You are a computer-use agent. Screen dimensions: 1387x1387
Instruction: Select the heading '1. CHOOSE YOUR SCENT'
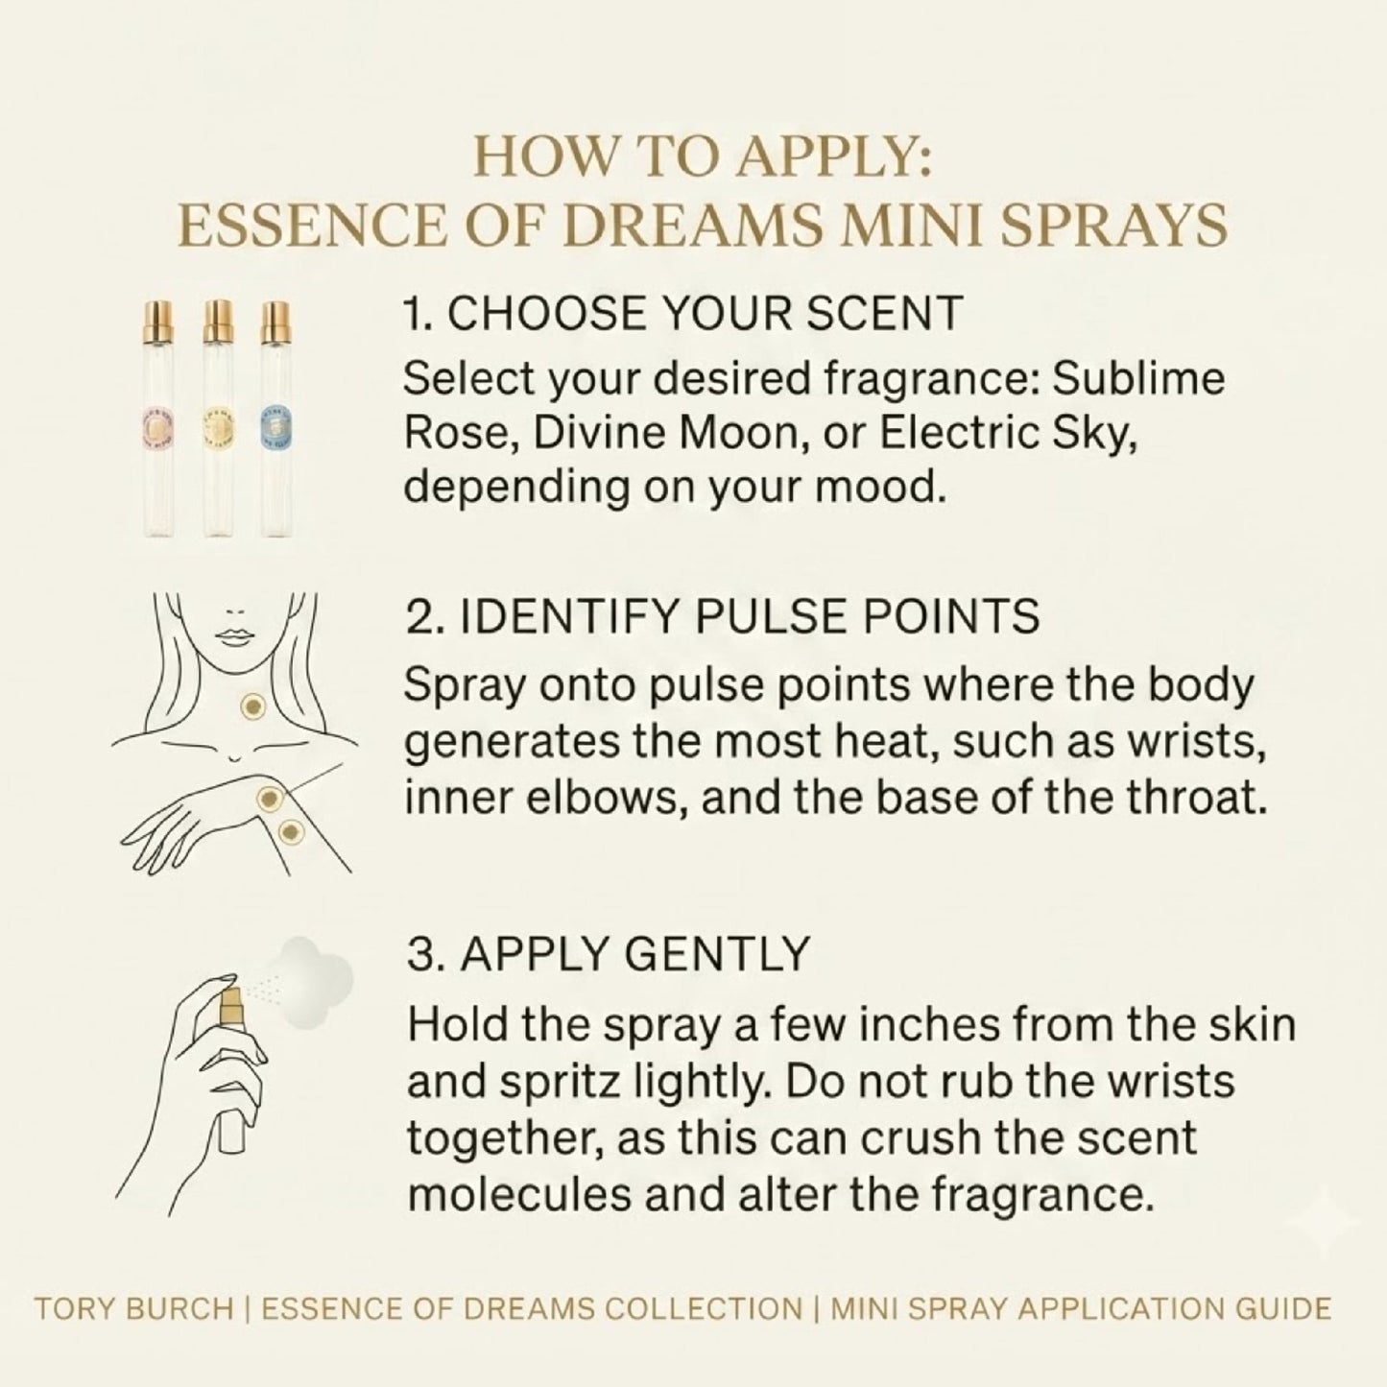coord(683,313)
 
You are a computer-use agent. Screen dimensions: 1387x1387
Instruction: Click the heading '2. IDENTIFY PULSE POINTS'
coord(723,616)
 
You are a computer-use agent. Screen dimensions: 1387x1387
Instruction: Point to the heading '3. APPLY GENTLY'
coord(609,953)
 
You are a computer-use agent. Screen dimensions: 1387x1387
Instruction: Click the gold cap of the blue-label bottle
coord(275,322)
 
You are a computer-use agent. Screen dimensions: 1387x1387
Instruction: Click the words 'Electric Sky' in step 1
coord(1009,433)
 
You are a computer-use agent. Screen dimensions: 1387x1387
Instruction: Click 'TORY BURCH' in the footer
coord(133,1308)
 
